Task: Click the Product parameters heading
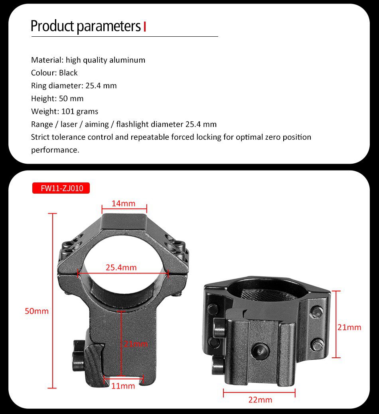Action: (85, 26)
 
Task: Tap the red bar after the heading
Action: (144, 27)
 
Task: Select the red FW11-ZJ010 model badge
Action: (61, 188)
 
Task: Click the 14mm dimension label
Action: (123, 204)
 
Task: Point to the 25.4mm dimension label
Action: (121, 267)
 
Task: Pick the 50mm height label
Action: (37, 311)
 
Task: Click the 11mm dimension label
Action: (123, 386)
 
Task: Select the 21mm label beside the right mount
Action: (349, 327)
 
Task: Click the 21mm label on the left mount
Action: (136, 344)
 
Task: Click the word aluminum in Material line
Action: (129, 60)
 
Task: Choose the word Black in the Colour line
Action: (68, 73)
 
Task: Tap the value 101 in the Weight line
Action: (68, 111)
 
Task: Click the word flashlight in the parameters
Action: (132, 124)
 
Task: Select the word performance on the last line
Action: (55, 150)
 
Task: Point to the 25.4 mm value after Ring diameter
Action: (101, 85)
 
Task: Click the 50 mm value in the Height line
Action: (71, 98)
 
